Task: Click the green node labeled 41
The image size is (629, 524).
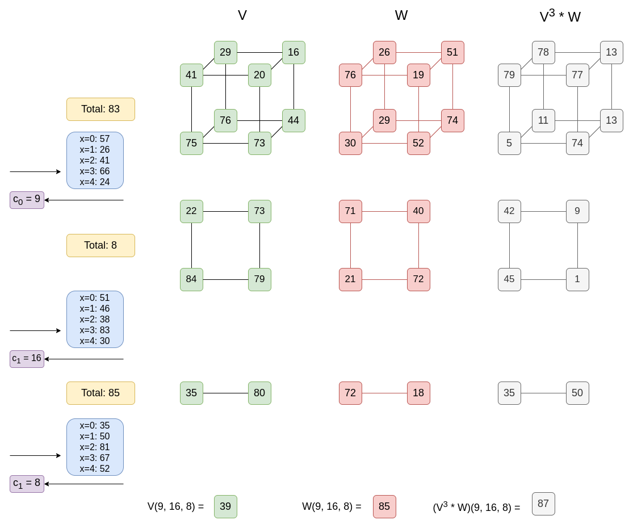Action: point(191,75)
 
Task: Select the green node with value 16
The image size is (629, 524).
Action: point(293,52)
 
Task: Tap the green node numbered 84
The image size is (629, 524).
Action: point(191,279)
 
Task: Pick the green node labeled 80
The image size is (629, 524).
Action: point(259,393)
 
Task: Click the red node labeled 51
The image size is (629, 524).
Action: point(452,52)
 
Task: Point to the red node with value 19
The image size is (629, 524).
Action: point(418,75)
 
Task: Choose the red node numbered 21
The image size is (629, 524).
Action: point(350,279)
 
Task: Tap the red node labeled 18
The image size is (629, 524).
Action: point(418,393)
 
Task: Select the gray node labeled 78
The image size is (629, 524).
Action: point(543,52)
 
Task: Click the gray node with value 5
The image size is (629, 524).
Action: point(509,143)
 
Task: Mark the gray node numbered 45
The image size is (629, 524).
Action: point(509,279)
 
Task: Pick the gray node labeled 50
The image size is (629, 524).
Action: point(577,393)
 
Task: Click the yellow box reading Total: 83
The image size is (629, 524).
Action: point(100,109)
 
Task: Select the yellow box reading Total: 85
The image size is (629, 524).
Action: point(100,393)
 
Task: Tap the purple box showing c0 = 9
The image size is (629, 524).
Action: point(27,199)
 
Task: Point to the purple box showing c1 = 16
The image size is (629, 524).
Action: point(27,358)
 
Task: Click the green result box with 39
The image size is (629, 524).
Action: point(225,506)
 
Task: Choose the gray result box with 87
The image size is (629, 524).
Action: point(543,504)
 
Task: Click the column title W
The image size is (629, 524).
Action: point(401,15)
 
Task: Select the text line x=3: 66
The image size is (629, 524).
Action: point(95,171)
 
